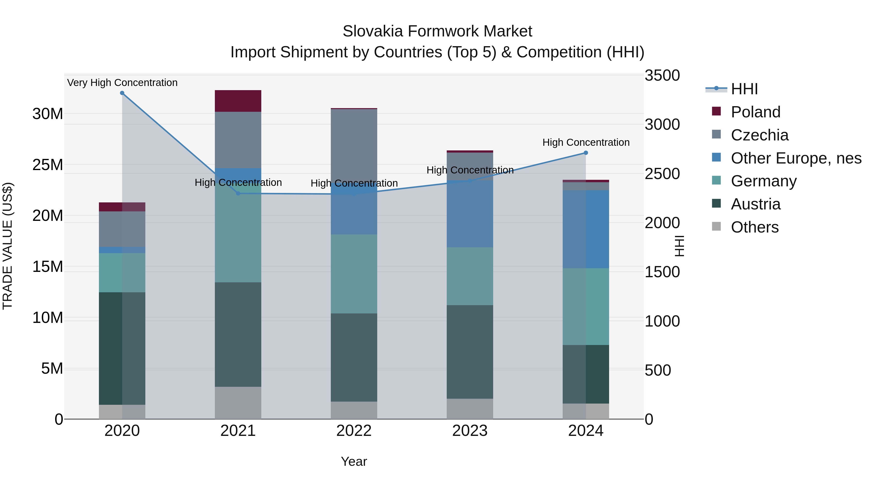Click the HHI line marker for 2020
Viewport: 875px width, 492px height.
[122, 93]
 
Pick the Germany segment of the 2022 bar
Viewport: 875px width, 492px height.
[354, 274]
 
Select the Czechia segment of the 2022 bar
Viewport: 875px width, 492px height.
[354, 143]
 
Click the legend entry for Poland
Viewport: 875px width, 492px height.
[755, 112]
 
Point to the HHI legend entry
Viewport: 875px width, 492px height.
[744, 89]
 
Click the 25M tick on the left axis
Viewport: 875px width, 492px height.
[48, 165]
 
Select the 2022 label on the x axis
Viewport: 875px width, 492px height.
[354, 431]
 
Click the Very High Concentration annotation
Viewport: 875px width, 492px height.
[122, 83]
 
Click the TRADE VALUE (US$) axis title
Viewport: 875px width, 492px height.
[8, 246]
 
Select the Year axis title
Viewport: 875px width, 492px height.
[354, 461]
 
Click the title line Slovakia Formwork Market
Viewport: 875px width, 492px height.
[437, 31]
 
